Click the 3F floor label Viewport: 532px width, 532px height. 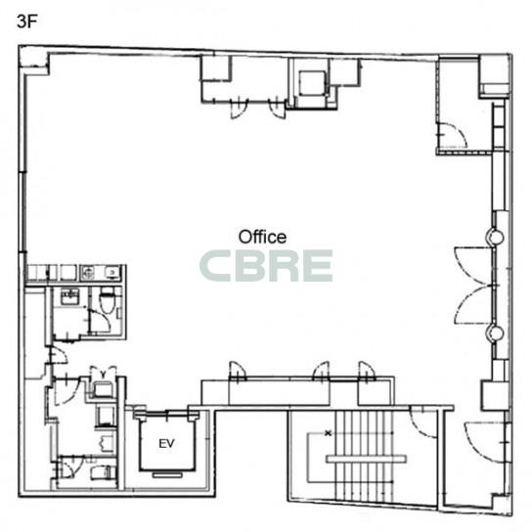pos(26,22)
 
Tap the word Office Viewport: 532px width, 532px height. pos(262,238)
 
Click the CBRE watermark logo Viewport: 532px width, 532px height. pos(266,266)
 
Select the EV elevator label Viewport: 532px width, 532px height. pos(166,443)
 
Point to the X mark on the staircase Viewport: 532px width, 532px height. pos(328,433)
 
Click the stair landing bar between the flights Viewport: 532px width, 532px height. pos(366,459)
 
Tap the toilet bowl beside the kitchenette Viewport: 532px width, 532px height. pos(107,300)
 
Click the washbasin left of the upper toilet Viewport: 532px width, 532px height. pos(69,296)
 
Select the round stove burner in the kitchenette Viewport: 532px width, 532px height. pos(88,273)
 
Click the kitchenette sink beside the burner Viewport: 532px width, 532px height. pos(111,272)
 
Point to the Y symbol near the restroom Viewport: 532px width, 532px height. pos(103,375)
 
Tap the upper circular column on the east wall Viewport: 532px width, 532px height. pos(496,237)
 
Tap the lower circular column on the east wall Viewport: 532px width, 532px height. pos(496,333)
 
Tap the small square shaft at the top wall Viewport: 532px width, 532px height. pos(312,83)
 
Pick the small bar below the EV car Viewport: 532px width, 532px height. pos(167,475)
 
